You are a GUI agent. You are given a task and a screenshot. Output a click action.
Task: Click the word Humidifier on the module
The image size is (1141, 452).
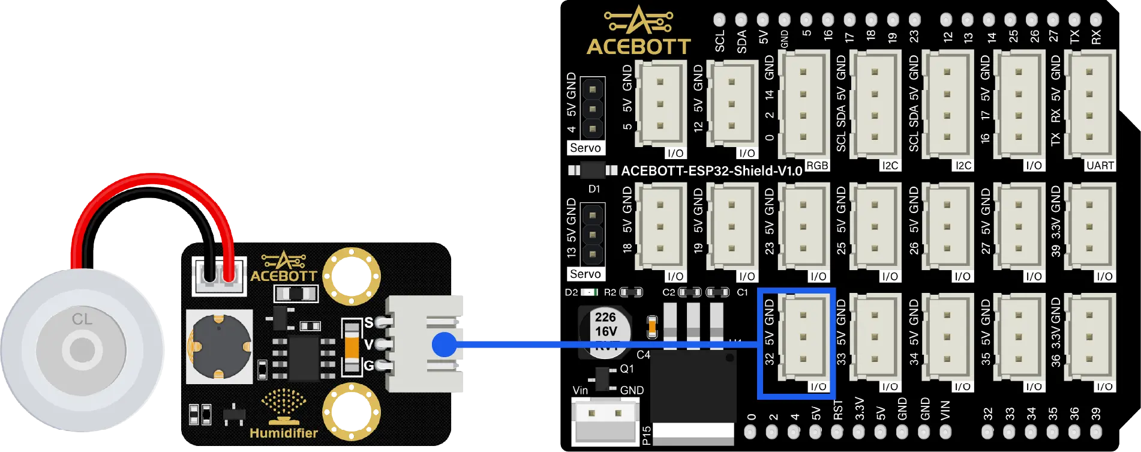point(283,433)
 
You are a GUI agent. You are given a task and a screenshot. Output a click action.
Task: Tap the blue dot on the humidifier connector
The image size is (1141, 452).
point(444,345)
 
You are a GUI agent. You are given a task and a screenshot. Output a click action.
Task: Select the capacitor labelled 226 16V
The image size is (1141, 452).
point(605,331)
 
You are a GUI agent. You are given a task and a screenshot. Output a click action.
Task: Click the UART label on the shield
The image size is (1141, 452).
point(1100,166)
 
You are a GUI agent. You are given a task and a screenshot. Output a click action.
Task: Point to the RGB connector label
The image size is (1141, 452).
point(816,166)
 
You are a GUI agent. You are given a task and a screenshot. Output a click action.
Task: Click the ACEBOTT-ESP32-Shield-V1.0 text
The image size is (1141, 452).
point(711,171)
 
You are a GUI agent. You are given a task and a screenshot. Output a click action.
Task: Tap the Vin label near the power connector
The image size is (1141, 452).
point(580,390)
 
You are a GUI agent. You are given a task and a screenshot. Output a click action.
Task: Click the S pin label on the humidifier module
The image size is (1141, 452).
point(368,322)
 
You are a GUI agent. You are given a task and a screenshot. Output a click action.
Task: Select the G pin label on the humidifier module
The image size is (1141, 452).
point(368,365)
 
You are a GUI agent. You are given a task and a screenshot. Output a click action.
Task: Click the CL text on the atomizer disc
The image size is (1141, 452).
point(82,319)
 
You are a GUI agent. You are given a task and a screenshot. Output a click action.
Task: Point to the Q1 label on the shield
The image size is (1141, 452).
point(626,369)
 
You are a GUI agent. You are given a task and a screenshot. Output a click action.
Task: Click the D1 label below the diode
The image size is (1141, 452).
point(594,189)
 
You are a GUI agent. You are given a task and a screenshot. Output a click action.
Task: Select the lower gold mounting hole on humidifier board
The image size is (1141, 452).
point(351,412)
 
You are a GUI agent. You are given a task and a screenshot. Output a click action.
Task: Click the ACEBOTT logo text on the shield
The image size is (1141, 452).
point(638,46)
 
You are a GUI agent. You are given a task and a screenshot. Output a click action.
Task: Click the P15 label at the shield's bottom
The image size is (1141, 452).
point(646,435)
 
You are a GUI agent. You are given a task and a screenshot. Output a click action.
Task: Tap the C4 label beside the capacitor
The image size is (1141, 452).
point(643,355)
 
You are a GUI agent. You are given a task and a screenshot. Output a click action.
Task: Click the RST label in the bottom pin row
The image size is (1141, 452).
point(838,410)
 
